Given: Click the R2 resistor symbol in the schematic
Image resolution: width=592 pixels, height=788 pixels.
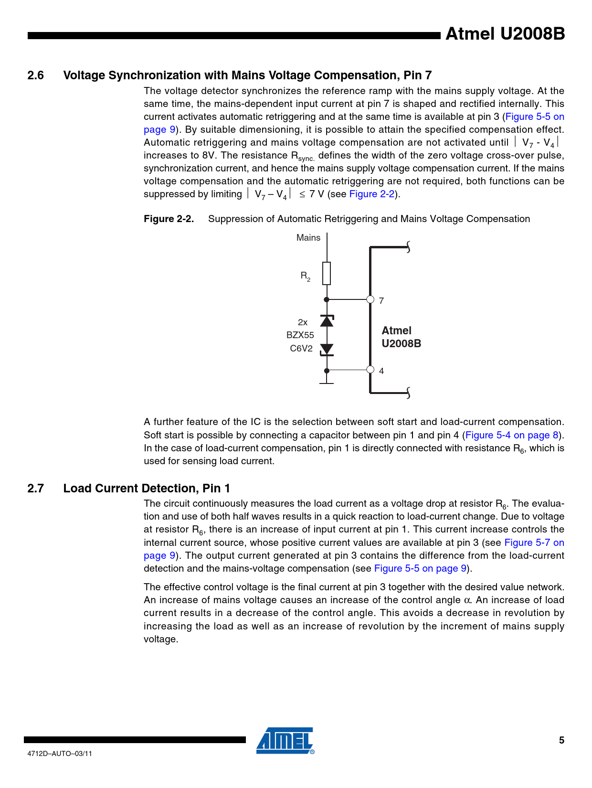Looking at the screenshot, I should [x=327, y=273].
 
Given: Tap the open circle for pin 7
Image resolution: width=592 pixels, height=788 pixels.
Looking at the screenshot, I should [x=370, y=299].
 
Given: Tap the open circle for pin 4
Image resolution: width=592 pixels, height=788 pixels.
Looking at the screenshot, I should [x=370, y=369].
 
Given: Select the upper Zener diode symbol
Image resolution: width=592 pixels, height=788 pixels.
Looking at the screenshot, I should [x=327, y=321].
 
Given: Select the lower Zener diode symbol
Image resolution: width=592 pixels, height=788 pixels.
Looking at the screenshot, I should [x=327, y=350].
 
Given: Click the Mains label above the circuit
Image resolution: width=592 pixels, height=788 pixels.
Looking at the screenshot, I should [x=308, y=238].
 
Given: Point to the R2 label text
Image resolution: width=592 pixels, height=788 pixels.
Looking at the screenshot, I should [x=305, y=276].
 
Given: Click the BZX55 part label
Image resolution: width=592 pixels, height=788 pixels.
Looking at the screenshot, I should [x=300, y=335].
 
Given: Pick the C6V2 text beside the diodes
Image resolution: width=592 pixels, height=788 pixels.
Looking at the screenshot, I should [x=301, y=349].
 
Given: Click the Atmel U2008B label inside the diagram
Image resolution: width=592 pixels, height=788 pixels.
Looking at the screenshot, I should [x=401, y=337].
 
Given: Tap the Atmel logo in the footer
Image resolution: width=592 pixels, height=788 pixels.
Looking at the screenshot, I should [x=285, y=741].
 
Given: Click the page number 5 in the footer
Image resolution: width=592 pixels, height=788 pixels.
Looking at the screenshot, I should [x=561, y=740].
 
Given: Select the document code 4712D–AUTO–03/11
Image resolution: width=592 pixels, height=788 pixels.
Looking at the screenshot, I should [x=60, y=754].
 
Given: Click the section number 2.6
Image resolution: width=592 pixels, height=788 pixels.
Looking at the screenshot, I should [x=35, y=75].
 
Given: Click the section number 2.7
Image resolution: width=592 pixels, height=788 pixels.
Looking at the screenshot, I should [x=35, y=489].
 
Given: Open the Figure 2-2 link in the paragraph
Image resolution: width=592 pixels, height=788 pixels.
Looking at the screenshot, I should [x=372, y=194].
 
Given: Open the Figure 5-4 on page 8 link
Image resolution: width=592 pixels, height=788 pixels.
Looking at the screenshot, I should [x=512, y=435].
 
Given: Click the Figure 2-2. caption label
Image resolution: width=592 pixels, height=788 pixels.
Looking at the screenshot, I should [x=169, y=219].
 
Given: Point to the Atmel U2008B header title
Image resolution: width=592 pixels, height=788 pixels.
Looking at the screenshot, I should [x=505, y=34].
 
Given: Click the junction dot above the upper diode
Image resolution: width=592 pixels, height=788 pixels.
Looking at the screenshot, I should [x=327, y=299].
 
